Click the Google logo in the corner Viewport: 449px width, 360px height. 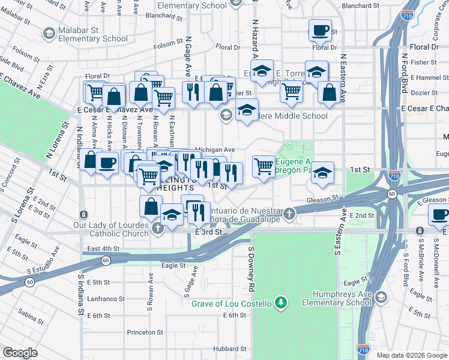click(x=20, y=353)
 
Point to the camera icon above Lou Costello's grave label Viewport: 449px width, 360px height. click(x=280, y=304)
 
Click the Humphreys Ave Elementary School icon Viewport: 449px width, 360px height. click(x=381, y=298)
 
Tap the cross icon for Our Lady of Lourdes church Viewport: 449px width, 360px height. click(x=158, y=228)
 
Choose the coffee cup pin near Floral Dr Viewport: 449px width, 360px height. click(x=320, y=29)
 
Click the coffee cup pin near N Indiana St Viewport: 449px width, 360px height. click(x=107, y=161)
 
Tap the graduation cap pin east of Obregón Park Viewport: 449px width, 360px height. click(x=322, y=173)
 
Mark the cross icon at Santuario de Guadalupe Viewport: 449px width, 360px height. click(x=289, y=214)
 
